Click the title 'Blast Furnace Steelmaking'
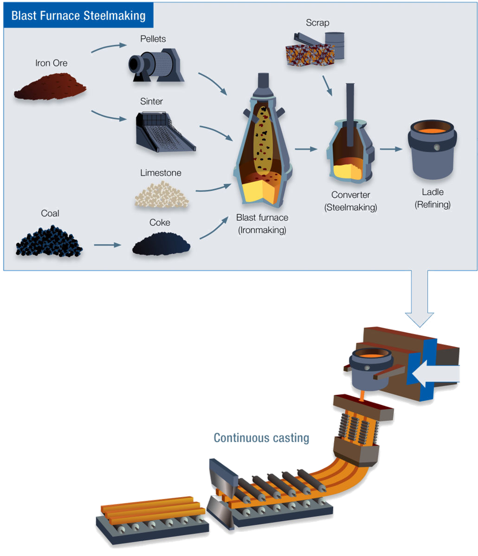tap(78, 15)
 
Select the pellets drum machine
tap(156, 65)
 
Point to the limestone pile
tap(161, 195)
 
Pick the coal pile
tap(49, 241)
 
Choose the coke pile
tap(161, 244)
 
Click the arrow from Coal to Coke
tap(108, 245)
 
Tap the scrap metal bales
tap(315, 49)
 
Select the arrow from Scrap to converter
tap(327, 85)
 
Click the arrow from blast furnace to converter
tap(306, 149)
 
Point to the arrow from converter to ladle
tap(391, 149)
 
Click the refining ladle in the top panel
tap(432, 149)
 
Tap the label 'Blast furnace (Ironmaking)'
tap(262, 224)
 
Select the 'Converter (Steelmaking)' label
tap(350, 201)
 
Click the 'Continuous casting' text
tap(261, 438)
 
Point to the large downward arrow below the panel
tap(420, 298)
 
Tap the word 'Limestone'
tap(161, 173)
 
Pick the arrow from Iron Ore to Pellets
tap(109, 48)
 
